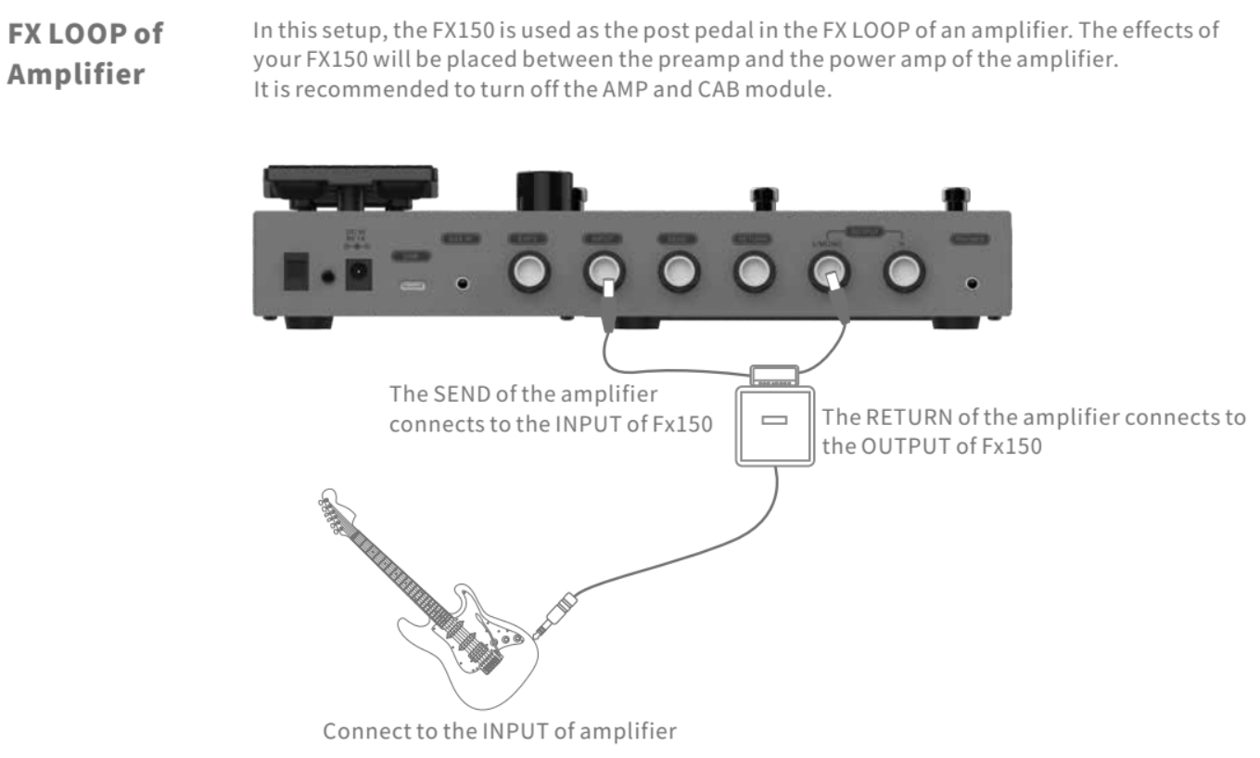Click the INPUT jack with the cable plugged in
pos(603,273)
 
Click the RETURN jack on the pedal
pos(752,273)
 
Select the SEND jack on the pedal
pos(678,273)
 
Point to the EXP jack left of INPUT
pos(528,273)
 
